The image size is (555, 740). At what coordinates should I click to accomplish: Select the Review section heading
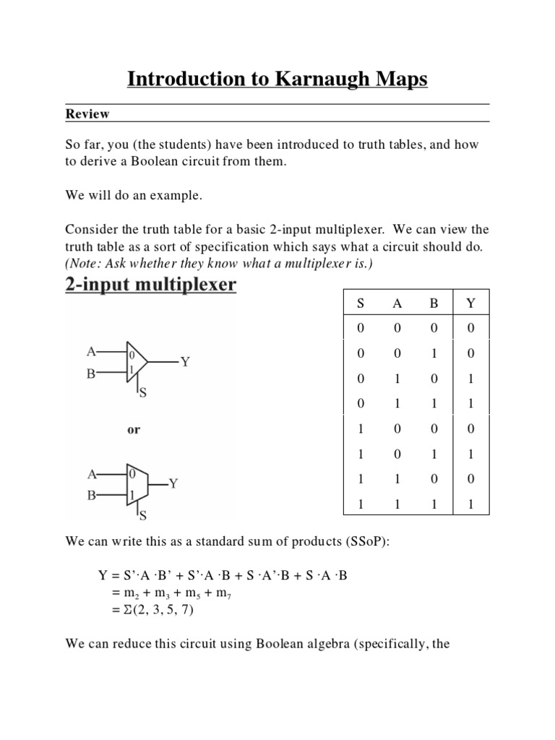tap(87, 113)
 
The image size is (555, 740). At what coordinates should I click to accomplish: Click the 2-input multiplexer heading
tap(150, 285)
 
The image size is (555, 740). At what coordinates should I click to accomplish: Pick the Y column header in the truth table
tap(470, 304)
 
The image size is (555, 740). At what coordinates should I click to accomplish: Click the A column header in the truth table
tap(397, 304)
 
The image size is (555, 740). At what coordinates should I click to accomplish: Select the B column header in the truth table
tap(434, 304)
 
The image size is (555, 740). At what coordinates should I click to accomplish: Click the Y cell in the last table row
tap(470, 506)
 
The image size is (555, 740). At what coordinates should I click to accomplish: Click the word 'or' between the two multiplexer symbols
tap(134, 429)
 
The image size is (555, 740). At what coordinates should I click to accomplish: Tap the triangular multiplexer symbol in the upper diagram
tap(137, 361)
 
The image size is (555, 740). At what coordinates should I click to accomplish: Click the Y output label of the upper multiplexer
tap(185, 361)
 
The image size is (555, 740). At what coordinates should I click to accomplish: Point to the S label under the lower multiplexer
tap(143, 516)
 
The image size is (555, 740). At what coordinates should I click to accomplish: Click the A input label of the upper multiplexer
tap(91, 352)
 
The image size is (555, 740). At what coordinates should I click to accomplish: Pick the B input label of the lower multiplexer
tap(91, 496)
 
